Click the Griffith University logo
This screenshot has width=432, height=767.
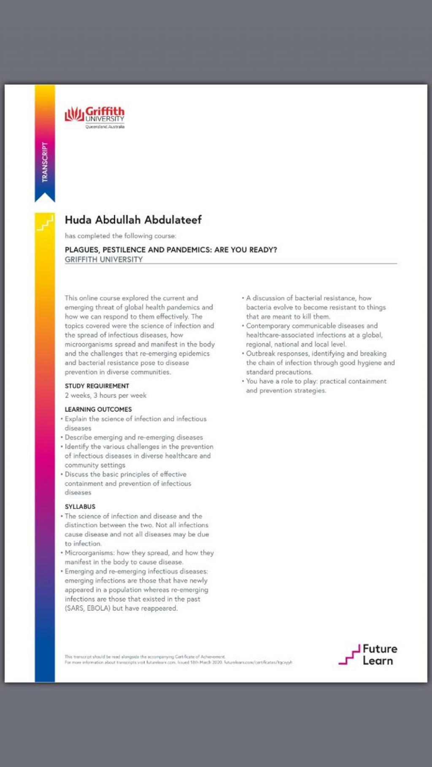click(x=94, y=116)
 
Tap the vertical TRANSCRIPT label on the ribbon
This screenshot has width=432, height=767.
click(x=45, y=162)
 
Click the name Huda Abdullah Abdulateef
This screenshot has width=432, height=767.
click(x=133, y=220)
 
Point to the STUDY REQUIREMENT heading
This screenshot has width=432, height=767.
click(x=97, y=386)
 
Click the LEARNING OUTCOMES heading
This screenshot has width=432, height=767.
click(x=98, y=409)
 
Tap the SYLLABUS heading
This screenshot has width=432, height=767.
click(x=80, y=507)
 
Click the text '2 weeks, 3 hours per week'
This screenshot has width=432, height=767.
click(x=105, y=395)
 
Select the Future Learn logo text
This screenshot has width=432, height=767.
click(x=379, y=654)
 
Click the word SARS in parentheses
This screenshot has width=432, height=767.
click(x=75, y=608)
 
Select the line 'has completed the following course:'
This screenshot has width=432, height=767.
click(x=120, y=236)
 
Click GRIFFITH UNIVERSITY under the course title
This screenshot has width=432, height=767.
click(x=103, y=260)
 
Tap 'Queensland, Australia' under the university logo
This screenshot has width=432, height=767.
click(x=105, y=126)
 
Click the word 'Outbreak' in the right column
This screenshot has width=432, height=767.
click(x=260, y=354)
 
